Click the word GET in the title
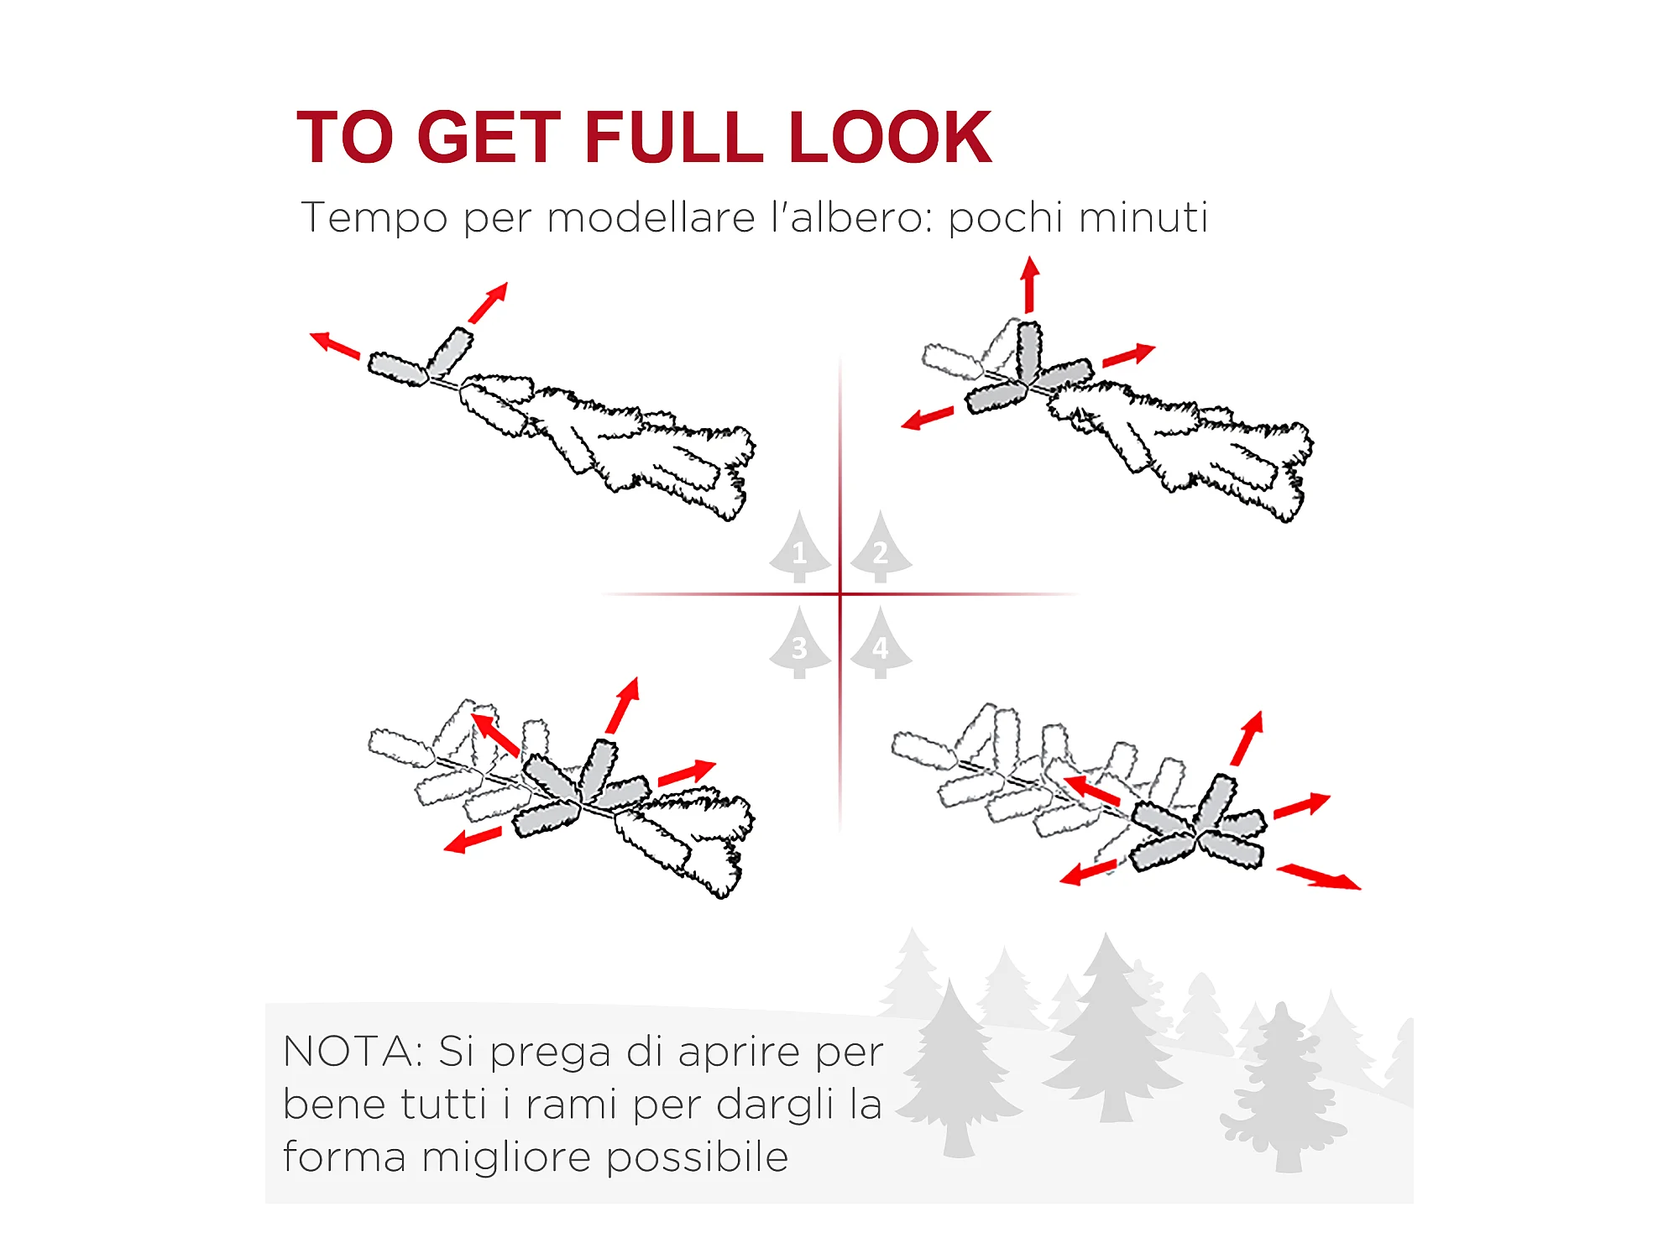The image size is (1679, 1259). point(489,137)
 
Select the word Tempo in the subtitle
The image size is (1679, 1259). point(374,218)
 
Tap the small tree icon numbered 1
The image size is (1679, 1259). point(800,546)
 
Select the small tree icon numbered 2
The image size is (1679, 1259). point(881,546)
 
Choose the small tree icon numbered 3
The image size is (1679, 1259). point(800,643)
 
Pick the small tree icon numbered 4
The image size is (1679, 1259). point(881,643)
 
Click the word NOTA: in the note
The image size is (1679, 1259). point(353,1052)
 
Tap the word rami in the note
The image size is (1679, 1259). point(573,1105)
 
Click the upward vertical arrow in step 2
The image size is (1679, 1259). point(1030,285)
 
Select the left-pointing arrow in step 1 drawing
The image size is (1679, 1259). point(335,345)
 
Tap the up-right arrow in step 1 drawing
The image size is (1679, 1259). point(489,302)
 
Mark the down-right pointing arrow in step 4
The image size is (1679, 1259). point(1319,877)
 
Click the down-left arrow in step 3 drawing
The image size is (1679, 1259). point(473,840)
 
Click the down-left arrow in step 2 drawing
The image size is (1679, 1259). point(928,417)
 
